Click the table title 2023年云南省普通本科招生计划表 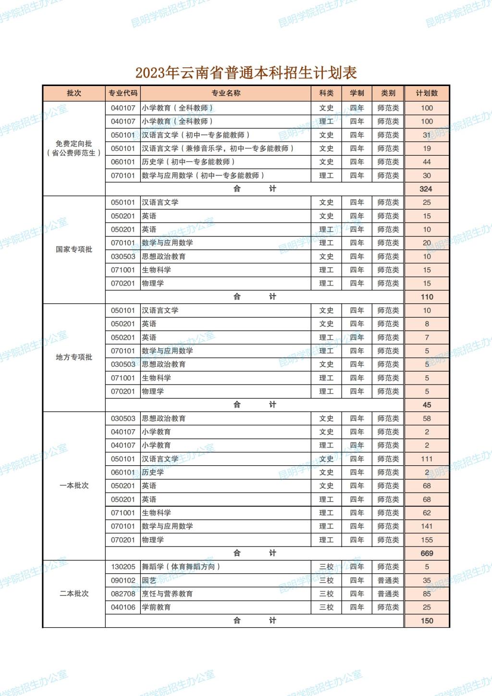(x=246, y=73)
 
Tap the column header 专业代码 (x=123, y=93)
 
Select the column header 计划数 (x=427, y=93)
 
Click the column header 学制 (x=357, y=93)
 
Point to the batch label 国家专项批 (x=74, y=249)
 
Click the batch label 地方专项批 (x=74, y=357)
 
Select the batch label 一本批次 (x=74, y=485)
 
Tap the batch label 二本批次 (x=74, y=594)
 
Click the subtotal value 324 (x=426, y=189)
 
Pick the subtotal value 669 (x=427, y=553)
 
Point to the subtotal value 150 (x=427, y=621)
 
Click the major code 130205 (x=123, y=567)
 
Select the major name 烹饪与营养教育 (x=167, y=594)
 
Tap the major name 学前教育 (x=156, y=607)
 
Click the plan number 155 (x=427, y=540)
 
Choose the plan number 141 (x=427, y=526)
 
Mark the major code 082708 (x=123, y=594)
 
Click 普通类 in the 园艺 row (x=388, y=580)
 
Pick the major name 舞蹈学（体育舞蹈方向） (x=181, y=567)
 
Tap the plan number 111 (x=427, y=459)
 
